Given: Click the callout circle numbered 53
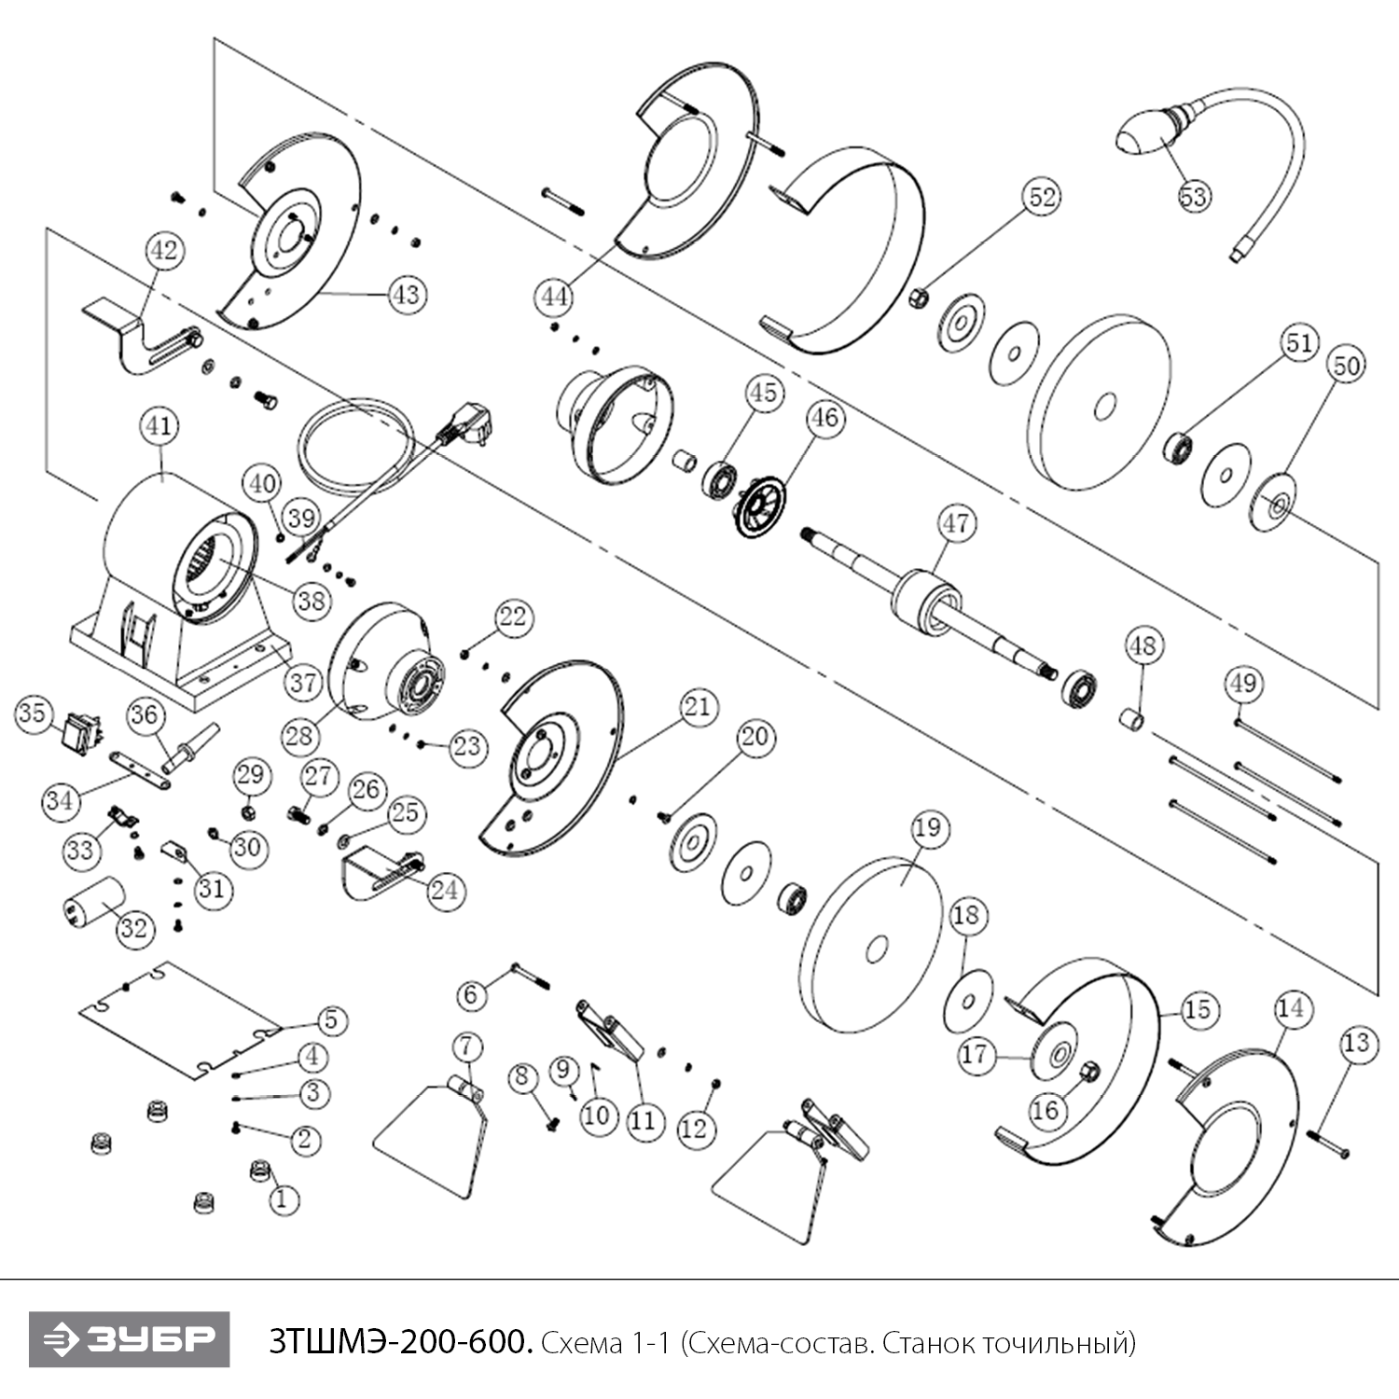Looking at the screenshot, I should (1194, 197).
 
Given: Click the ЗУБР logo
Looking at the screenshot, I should (129, 1340).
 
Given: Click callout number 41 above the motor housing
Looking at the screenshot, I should (159, 427).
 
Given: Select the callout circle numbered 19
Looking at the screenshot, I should (928, 828).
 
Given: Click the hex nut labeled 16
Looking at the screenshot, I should (1087, 1074).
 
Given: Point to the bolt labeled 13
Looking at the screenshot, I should (1328, 1143).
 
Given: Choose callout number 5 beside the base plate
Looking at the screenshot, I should (331, 1020).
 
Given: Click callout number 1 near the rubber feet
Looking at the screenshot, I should (283, 1198).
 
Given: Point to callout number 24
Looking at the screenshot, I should (444, 890).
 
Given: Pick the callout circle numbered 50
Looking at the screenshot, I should (1346, 366).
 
